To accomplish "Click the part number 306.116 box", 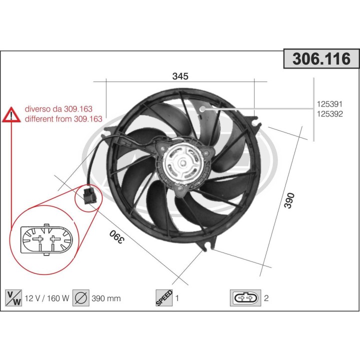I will (321, 58).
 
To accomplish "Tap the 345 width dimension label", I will (180, 76).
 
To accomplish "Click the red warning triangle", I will (10, 115).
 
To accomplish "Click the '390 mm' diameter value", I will (106, 298).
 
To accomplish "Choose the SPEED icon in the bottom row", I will (164, 298).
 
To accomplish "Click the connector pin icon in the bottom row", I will (245, 298).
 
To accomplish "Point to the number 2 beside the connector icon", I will (266, 298).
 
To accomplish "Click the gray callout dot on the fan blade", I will (203, 108).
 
